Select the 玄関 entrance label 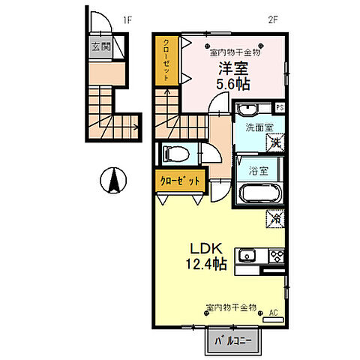[101, 46]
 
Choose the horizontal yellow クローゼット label [180, 180]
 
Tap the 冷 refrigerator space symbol [275, 219]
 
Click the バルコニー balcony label [233, 342]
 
